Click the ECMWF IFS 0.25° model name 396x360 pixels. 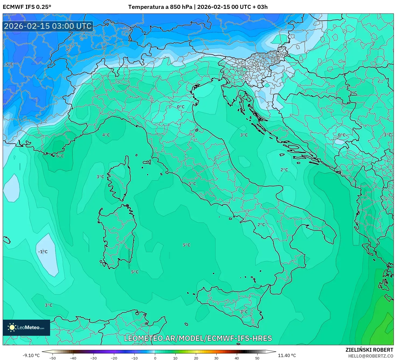click(x=27, y=7)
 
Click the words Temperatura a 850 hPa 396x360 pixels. click(x=160, y=7)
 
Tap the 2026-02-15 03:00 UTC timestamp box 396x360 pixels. click(x=48, y=26)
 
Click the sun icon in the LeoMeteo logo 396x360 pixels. click(x=12, y=327)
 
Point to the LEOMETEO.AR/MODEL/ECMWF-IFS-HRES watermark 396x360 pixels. click(x=198, y=338)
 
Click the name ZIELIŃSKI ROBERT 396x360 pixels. click(x=369, y=350)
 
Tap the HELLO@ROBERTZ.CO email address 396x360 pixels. click(x=370, y=356)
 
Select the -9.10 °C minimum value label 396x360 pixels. click(x=31, y=355)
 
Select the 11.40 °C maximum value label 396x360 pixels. click(x=287, y=355)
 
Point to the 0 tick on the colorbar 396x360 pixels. click(x=155, y=358)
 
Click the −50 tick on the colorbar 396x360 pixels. click(x=53, y=358)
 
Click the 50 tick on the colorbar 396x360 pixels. click(x=257, y=358)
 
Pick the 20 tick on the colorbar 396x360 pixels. click(x=196, y=358)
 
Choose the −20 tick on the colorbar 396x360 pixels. click(x=114, y=358)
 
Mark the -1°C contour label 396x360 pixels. click(x=43, y=252)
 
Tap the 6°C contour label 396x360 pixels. click(x=60, y=156)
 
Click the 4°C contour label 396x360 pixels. click(x=106, y=135)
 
